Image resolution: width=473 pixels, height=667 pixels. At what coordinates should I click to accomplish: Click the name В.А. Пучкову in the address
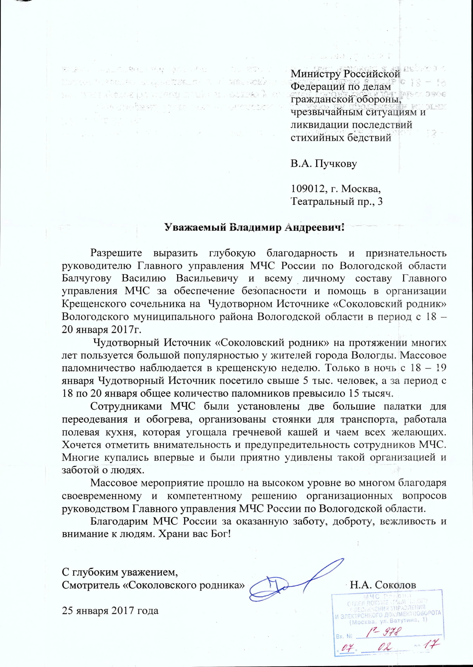pos(324,164)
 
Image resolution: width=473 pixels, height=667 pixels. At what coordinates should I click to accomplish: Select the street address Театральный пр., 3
pos(337,201)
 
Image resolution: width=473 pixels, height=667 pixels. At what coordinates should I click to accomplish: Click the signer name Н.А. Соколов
pos(383,585)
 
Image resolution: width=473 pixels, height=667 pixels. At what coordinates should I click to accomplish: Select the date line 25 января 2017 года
pos(110,611)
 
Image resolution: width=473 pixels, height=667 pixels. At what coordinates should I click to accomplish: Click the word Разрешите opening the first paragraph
pos(116,253)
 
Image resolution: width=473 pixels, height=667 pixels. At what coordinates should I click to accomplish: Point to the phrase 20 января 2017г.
pos(102,329)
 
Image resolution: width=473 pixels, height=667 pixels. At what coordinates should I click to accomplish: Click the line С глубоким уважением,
pos(120,572)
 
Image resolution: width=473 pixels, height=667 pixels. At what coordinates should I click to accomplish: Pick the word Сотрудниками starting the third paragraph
pos(126,406)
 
